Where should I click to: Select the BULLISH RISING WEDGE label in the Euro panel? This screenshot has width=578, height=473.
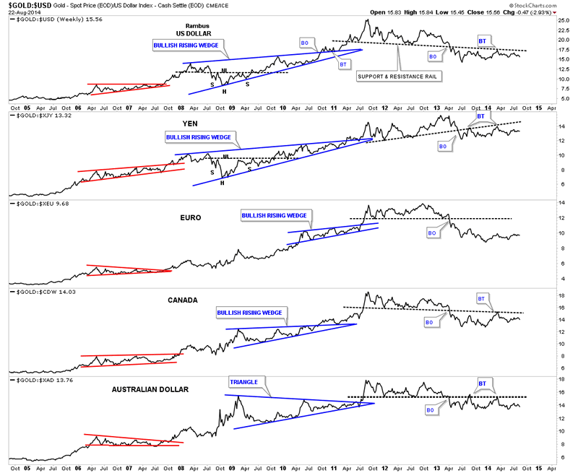(x=274, y=215)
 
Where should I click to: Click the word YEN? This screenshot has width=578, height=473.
(x=191, y=122)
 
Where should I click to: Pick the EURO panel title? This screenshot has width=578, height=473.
(x=191, y=216)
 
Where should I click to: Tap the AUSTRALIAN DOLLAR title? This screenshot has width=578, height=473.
(x=150, y=389)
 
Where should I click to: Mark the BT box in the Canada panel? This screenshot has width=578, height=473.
(x=482, y=298)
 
